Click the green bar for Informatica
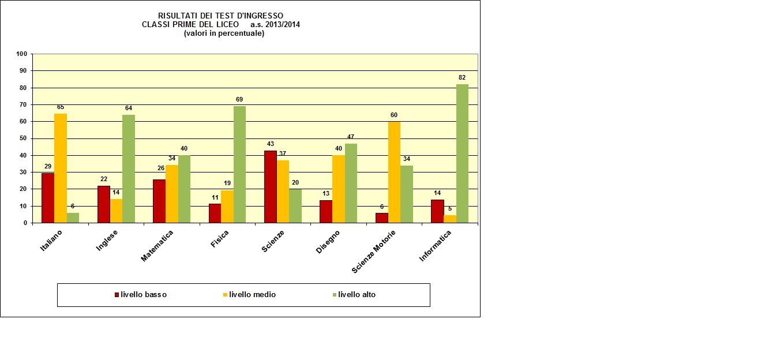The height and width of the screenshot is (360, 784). (x=462, y=153)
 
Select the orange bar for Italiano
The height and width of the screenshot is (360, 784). (x=60, y=168)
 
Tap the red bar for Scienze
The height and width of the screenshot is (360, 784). (x=270, y=186)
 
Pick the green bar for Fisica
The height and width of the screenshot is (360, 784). (x=239, y=164)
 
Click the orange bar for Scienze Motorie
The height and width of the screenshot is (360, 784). (x=394, y=172)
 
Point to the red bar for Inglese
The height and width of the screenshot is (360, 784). (x=103, y=204)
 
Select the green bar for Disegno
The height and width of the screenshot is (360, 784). (x=351, y=183)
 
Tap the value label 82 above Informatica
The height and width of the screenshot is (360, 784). (x=462, y=77)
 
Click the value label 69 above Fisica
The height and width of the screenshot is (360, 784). (x=239, y=99)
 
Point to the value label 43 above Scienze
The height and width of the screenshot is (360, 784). (x=270, y=144)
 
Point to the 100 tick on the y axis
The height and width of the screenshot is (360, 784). (x=22, y=54)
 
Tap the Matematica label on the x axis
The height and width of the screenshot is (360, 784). (x=157, y=245)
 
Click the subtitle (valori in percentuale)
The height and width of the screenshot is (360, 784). (x=224, y=33)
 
